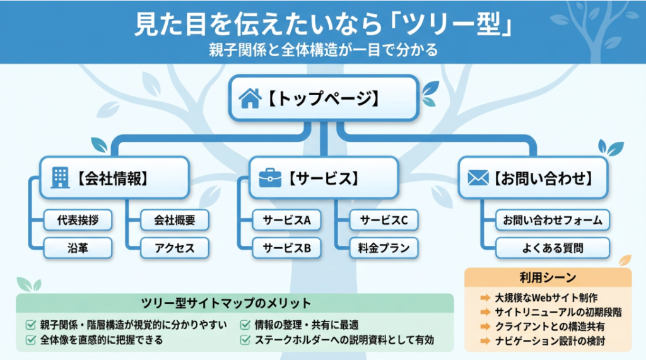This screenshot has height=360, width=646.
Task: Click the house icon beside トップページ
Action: (249, 98)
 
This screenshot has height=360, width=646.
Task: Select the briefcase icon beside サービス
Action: (270, 178)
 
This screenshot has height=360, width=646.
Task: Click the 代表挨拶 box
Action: (78, 221)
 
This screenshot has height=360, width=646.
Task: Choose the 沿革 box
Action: (78, 248)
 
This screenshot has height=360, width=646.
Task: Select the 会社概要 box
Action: (174, 221)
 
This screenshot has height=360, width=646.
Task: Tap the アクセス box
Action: (174, 248)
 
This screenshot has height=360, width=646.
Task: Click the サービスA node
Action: (286, 221)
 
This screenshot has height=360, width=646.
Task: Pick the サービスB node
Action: (286, 248)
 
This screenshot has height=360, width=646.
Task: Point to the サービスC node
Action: (384, 221)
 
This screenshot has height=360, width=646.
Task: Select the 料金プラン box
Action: (384, 248)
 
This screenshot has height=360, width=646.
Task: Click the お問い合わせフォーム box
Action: (552, 221)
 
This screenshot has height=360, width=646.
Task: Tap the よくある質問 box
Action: (552, 248)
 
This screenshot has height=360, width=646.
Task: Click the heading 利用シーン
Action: (548, 277)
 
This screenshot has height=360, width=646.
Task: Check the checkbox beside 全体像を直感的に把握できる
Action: (30, 340)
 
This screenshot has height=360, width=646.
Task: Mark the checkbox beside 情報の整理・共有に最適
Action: (244, 325)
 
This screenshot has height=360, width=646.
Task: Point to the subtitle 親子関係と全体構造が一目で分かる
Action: (323, 50)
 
